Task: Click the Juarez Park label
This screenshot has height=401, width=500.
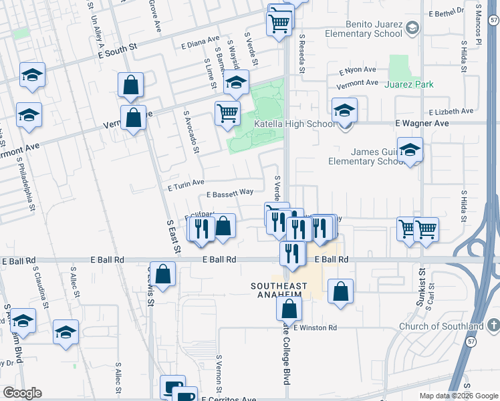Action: (x=408, y=84)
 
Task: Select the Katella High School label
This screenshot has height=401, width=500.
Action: (x=295, y=124)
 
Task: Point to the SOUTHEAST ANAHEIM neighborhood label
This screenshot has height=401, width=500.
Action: (x=279, y=291)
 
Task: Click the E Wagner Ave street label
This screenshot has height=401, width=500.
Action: (x=422, y=124)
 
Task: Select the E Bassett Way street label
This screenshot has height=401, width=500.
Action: (x=230, y=193)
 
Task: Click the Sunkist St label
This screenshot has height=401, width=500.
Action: (x=422, y=283)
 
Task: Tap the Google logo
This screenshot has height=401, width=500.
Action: (x=22, y=393)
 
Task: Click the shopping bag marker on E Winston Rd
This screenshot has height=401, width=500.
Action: (x=289, y=309)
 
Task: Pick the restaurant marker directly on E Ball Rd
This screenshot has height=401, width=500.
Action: (x=292, y=253)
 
